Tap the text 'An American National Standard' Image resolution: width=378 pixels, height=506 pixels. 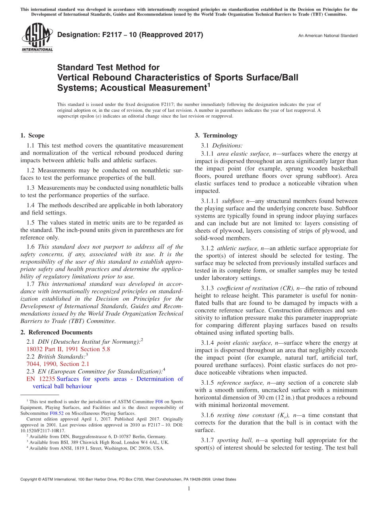tap(328, 36)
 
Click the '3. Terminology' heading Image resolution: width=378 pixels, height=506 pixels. tap(216, 135)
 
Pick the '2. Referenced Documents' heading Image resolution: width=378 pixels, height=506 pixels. tap(57, 332)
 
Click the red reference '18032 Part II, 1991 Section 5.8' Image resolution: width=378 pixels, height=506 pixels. tap(68, 349)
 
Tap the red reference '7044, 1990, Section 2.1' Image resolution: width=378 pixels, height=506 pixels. tap(58, 364)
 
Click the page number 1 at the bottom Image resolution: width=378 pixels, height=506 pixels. tap(189, 489)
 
